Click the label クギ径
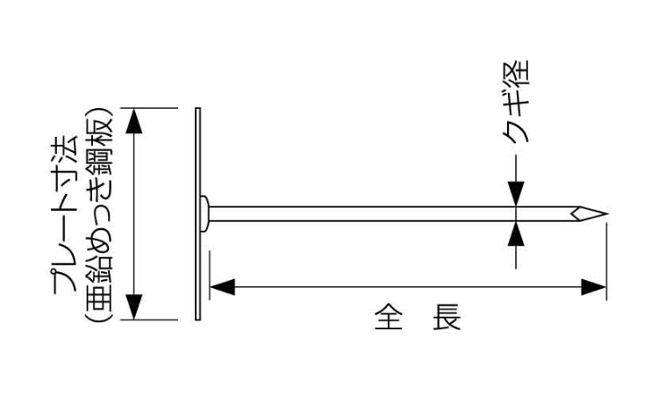(x=516, y=102)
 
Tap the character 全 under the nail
(x=389, y=318)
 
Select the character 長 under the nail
(x=447, y=318)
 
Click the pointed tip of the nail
(x=607, y=213)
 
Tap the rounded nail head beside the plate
(x=204, y=213)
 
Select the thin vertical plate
(x=197, y=213)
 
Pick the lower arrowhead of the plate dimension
(x=134, y=307)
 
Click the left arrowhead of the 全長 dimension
(x=222, y=287)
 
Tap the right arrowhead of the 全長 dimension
(x=594, y=287)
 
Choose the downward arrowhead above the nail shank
(x=516, y=194)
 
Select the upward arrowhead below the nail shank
(x=516, y=233)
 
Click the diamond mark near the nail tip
(x=578, y=213)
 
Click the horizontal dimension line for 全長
(x=408, y=287)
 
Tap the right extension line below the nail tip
(x=607, y=262)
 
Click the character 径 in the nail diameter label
(x=516, y=74)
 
